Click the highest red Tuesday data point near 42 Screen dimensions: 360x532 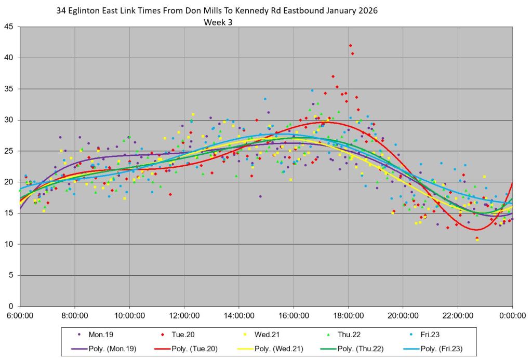coord(351,46)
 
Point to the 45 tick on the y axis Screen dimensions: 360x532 coord(9,26)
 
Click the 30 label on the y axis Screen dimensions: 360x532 coord(9,120)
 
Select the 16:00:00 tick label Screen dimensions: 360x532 coord(294,315)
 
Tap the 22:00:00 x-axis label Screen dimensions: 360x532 coord(458,315)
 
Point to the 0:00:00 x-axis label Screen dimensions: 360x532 coord(513,315)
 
